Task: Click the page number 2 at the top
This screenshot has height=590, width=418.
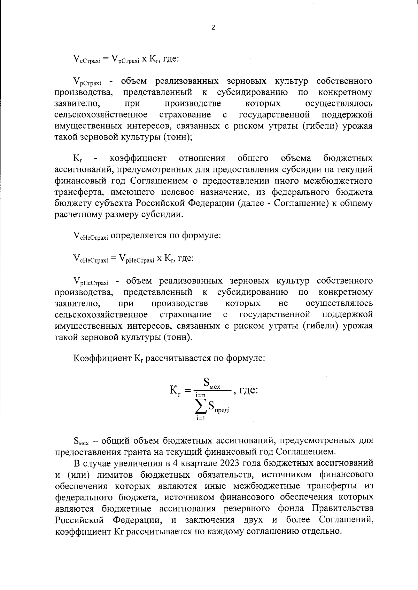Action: click(214, 28)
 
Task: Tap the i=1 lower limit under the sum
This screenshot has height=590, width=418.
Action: click(200, 418)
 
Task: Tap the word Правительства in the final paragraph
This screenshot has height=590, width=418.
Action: click(343, 508)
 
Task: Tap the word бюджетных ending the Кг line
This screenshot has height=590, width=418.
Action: click(348, 159)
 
